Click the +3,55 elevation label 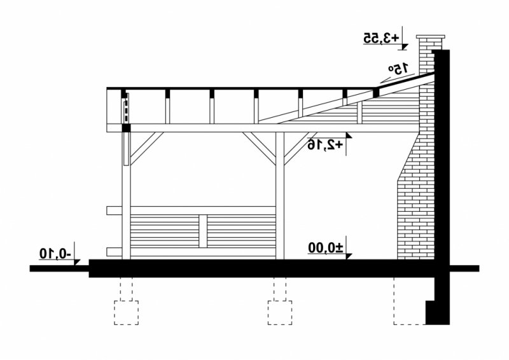tap(380, 38)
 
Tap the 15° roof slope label tap(399, 68)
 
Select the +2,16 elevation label tap(325, 144)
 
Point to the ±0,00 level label tap(325, 248)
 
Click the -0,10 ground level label tap(55, 253)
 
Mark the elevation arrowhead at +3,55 tap(403, 47)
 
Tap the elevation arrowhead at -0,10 tap(76, 262)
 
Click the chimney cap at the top tap(431, 37)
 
